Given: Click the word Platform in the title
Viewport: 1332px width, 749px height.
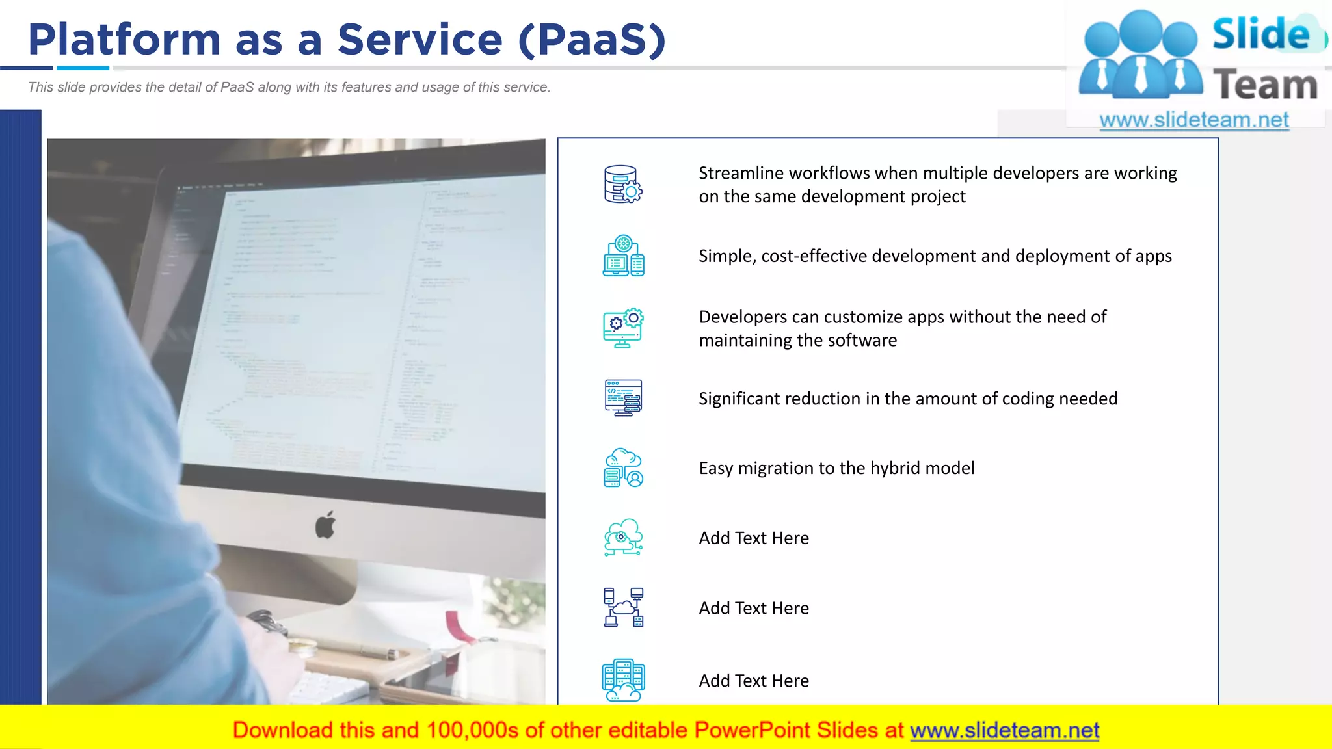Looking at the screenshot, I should click(x=124, y=40).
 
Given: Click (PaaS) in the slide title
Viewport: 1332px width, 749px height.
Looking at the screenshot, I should click(x=592, y=40).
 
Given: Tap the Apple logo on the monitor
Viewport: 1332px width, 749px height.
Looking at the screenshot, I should click(x=325, y=525).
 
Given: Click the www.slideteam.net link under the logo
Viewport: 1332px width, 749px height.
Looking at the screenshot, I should click(x=1193, y=120).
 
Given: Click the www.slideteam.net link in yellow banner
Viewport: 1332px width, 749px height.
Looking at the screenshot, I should click(x=1004, y=731).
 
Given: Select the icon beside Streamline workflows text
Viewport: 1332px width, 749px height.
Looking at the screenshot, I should click(x=622, y=184).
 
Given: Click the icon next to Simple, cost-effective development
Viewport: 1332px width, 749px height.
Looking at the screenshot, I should click(x=623, y=256).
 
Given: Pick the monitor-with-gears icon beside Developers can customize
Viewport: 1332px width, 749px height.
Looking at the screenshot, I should click(x=622, y=328).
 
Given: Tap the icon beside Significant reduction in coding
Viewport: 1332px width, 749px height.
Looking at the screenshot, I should click(x=622, y=398).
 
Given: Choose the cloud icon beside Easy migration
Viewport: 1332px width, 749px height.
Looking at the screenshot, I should click(x=622, y=468).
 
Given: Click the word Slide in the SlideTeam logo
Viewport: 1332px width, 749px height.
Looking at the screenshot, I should click(x=1260, y=34).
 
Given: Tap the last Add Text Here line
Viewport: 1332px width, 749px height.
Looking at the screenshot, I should click(x=754, y=681).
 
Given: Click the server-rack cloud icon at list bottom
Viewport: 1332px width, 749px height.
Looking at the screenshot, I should click(x=622, y=680).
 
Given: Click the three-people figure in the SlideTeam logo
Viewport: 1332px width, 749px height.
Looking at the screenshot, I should click(x=1140, y=55).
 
